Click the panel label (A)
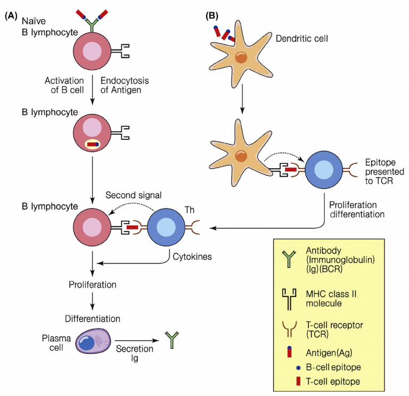pos(13,16)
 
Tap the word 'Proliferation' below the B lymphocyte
pos(93,284)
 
